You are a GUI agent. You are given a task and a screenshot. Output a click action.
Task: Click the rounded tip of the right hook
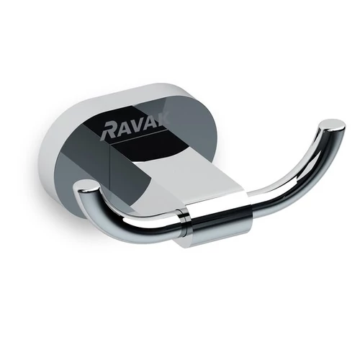point(333,127)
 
